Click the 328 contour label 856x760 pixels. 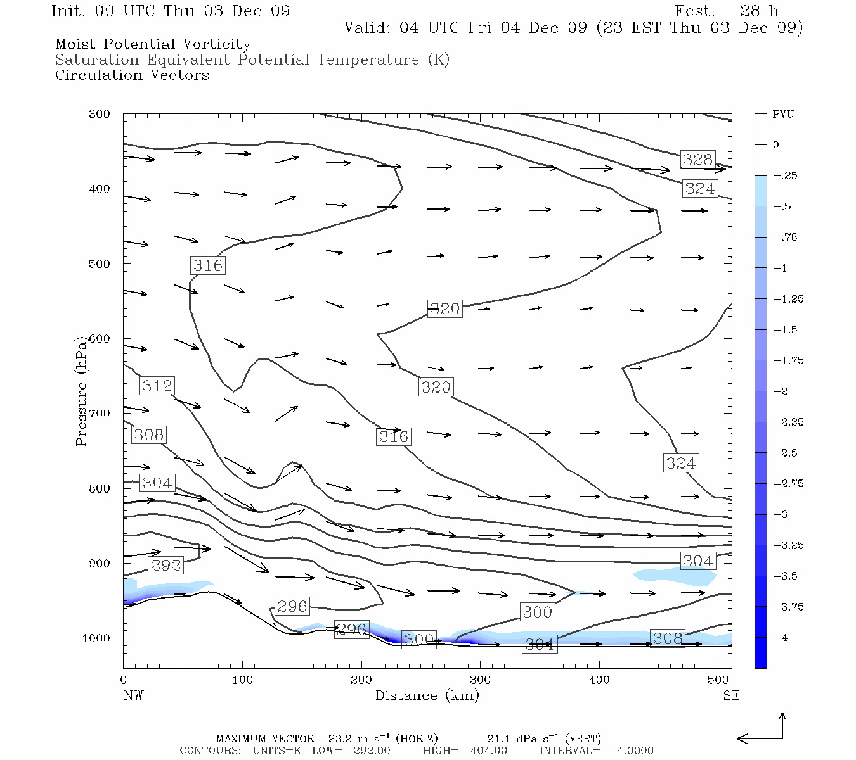(697, 160)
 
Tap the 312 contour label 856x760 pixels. (157, 386)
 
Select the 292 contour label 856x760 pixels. (165, 565)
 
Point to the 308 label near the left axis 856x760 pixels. (148, 434)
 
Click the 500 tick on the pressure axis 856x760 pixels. (99, 264)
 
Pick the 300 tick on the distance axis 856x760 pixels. (480, 680)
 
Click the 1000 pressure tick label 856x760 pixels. (96, 638)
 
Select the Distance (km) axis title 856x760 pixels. (427, 695)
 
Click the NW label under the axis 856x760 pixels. (133, 695)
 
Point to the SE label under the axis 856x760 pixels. (731, 695)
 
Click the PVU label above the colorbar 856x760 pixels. (783, 115)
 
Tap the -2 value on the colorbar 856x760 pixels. (780, 391)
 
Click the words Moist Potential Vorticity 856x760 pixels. (153, 44)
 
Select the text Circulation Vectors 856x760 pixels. (132, 75)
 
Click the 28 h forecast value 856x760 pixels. (759, 11)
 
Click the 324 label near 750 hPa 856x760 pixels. (681, 463)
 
